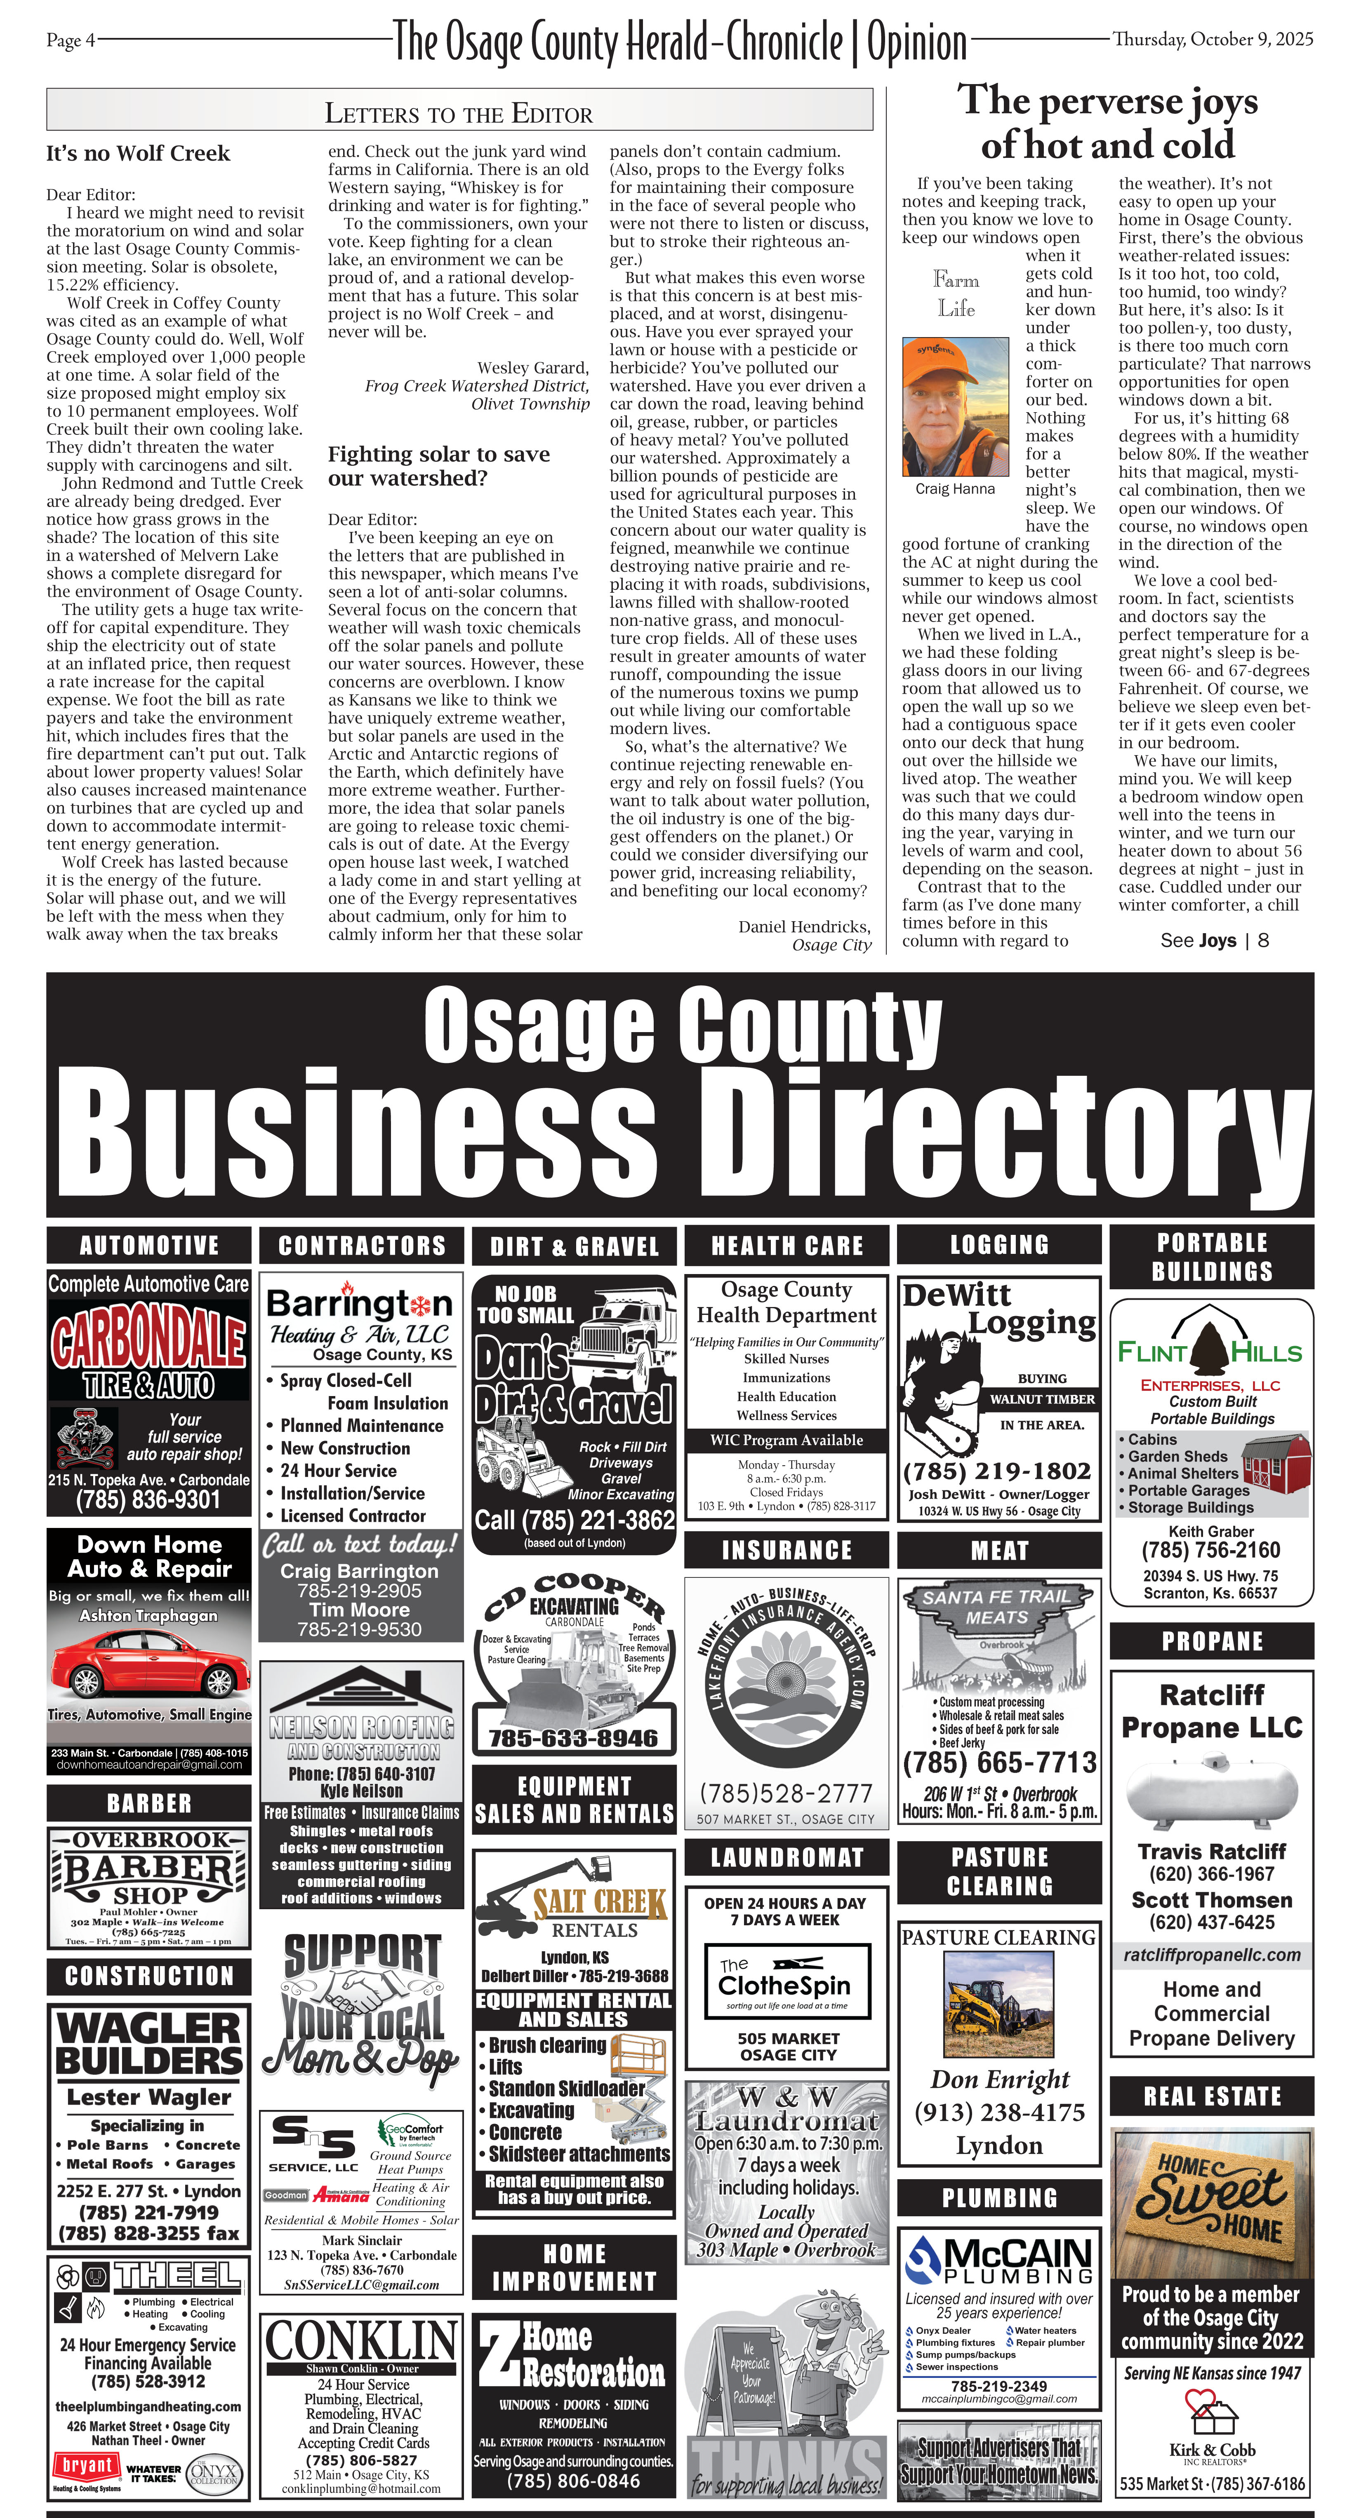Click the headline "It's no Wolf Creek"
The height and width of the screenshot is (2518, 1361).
(138, 153)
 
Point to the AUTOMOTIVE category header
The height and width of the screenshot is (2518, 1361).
(148, 1245)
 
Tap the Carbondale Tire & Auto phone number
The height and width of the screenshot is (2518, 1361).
(148, 1500)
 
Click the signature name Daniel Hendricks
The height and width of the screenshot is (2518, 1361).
(804, 927)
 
